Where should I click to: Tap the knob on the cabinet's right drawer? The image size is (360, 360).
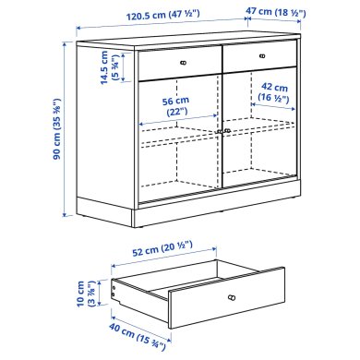pos(263,58)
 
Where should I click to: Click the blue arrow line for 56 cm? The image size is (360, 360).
pos(175,123)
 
